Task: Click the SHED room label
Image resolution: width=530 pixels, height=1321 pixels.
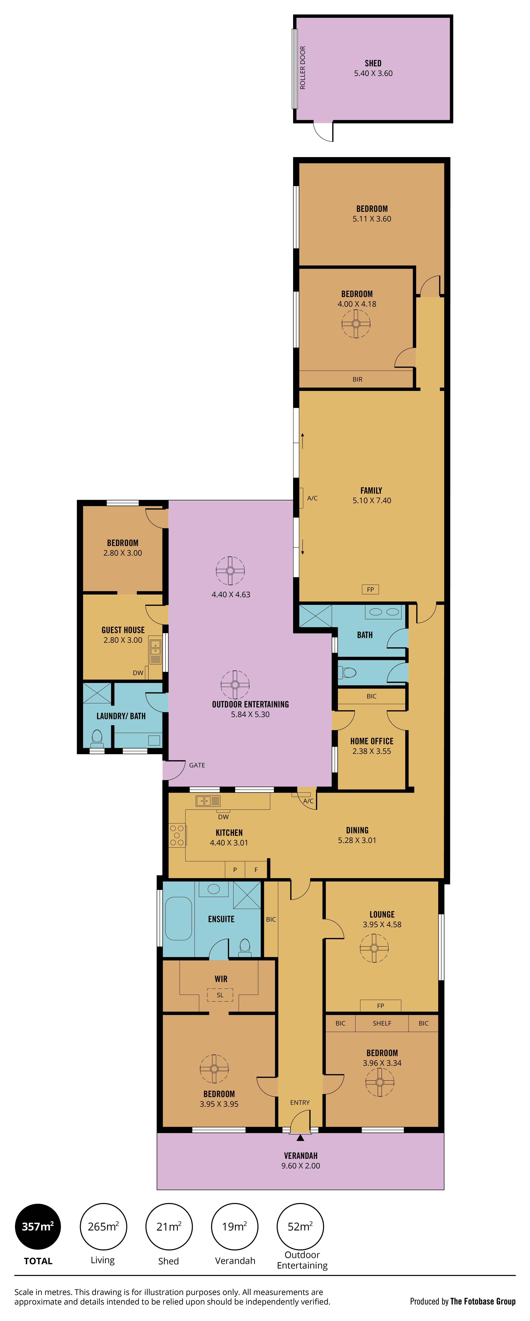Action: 373,63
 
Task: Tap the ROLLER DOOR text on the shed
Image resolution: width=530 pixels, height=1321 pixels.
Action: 302,68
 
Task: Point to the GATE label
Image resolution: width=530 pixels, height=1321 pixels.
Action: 197,765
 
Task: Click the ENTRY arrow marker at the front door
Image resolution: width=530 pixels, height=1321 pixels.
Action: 300,1137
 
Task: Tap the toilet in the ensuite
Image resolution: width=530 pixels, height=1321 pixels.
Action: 245,948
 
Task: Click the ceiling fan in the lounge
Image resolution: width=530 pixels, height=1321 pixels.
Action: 374,948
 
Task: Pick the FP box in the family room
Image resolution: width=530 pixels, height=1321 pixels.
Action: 371,589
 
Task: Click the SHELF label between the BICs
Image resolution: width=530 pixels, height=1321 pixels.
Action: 382,1023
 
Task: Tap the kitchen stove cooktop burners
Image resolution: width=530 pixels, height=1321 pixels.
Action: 177,835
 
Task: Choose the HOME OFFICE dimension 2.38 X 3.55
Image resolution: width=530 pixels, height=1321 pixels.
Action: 372,751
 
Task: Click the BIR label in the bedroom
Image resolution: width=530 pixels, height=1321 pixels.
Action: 357,380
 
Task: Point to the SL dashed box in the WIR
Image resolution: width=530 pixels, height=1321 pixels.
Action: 220,995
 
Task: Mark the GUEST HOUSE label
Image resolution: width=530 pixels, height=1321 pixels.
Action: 123,630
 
